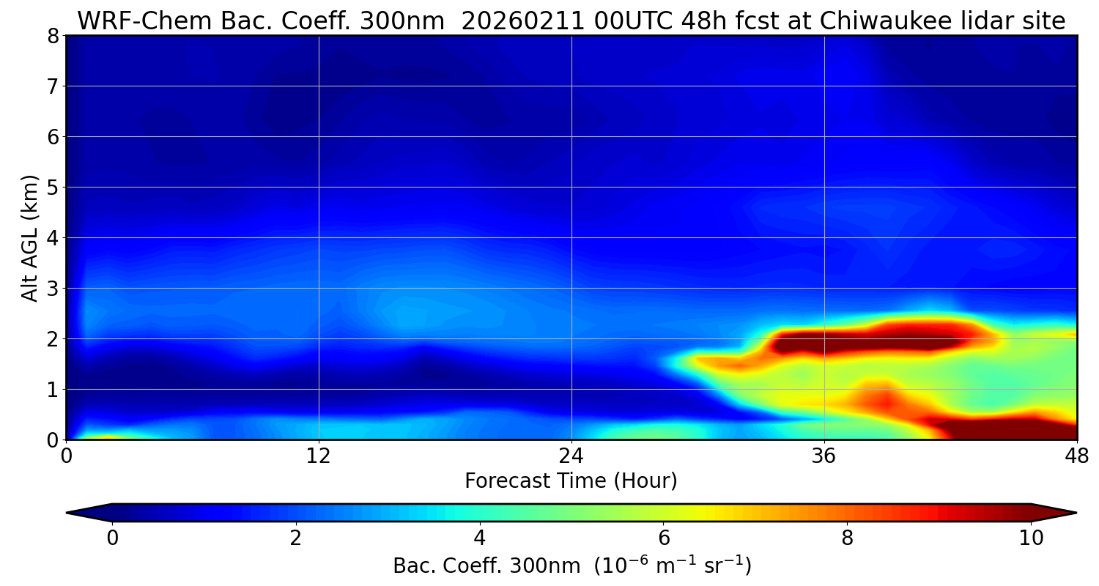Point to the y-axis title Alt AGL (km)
[x=30, y=237]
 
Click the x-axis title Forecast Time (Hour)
[x=571, y=481]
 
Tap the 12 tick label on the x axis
[x=319, y=456]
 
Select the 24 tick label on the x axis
[x=571, y=456]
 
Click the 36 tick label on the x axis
[x=824, y=456]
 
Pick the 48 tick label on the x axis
[x=1076, y=456]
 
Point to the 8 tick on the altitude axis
[x=52, y=36]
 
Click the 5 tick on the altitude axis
[x=52, y=188]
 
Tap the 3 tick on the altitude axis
[x=52, y=289]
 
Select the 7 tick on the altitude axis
[x=52, y=86]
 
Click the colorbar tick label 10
[x=1031, y=538]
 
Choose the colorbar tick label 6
[x=663, y=538]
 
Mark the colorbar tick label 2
[x=295, y=538]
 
